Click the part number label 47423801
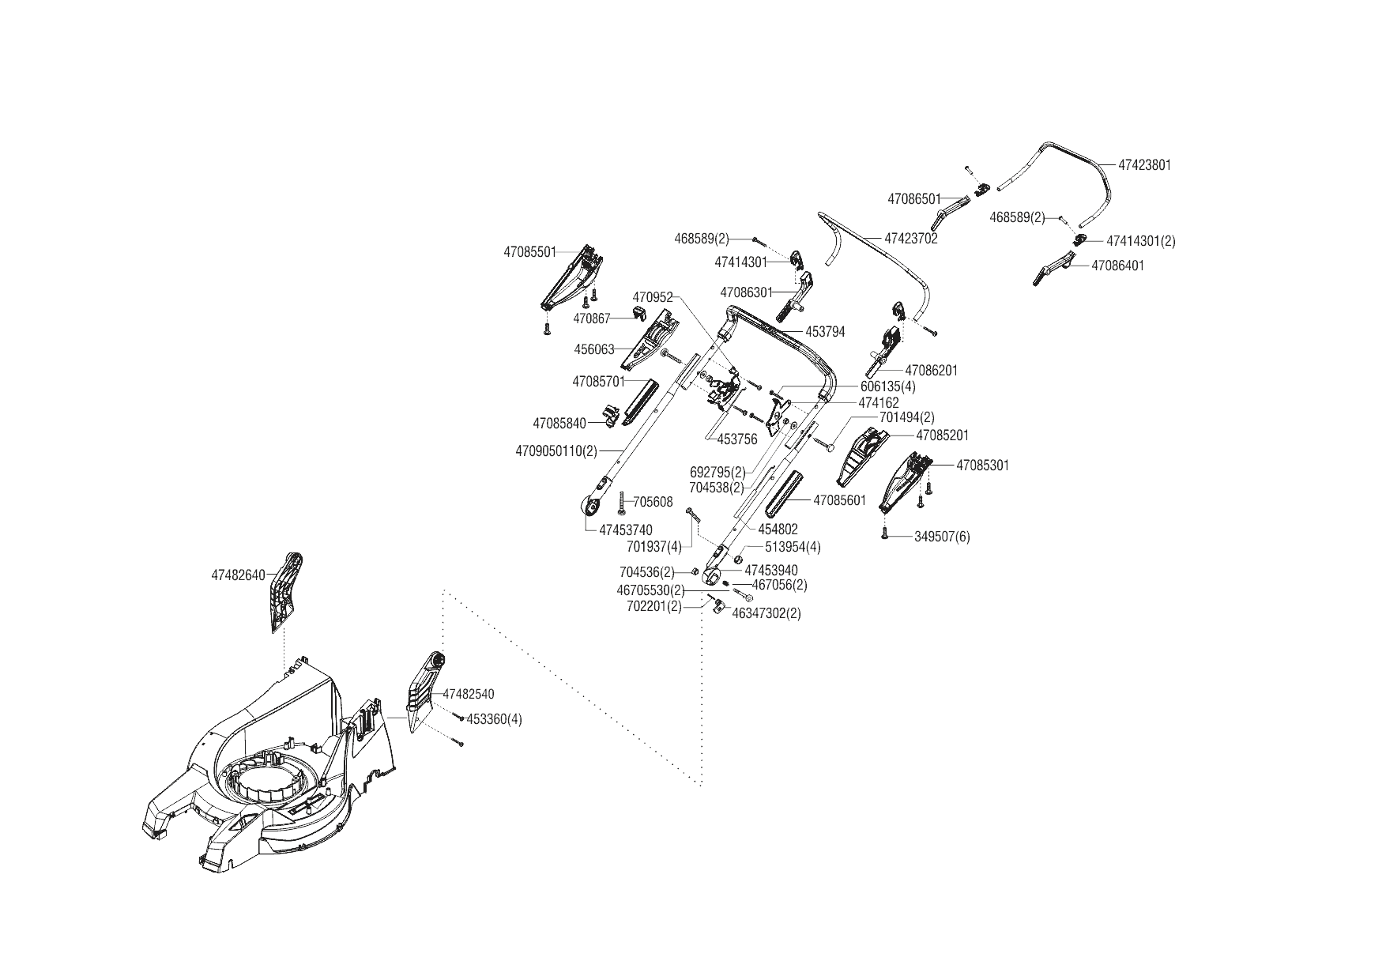click(x=1144, y=166)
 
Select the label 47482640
click(x=238, y=575)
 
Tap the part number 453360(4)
click(x=494, y=719)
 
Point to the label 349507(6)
click(x=942, y=537)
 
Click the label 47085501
click(x=529, y=252)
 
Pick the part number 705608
click(x=653, y=502)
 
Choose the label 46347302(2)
click(x=766, y=613)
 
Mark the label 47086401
click(x=1117, y=266)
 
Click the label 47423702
click(x=910, y=238)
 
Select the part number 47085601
click(x=839, y=500)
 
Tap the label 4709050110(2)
click(x=556, y=451)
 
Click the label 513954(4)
click(x=793, y=547)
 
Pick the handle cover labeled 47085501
click(x=571, y=278)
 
